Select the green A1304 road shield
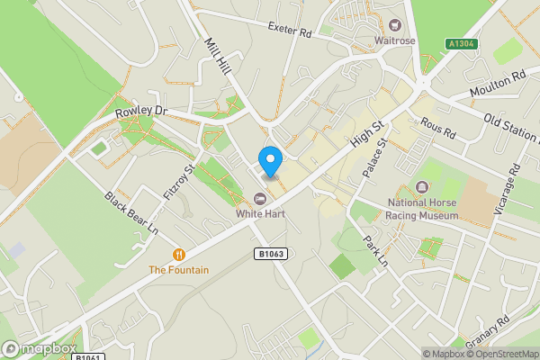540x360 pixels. coord(461,43)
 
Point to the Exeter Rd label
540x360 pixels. coord(289,29)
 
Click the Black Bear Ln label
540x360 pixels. coord(131,212)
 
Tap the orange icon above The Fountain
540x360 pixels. coord(179,255)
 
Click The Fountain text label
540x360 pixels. coord(179,270)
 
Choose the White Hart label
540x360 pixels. coord(260,214)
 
